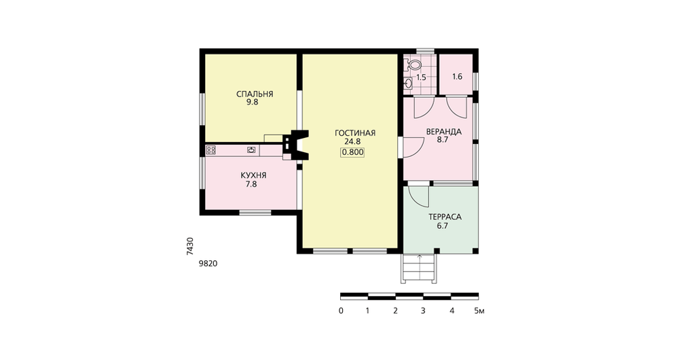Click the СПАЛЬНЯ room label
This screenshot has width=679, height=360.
point(255,94)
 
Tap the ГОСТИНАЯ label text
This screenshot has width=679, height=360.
point(355,133)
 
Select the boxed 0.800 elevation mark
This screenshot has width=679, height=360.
point(352,152)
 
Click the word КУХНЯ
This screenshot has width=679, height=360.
point(253,175)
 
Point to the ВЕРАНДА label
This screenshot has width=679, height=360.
point(444,132)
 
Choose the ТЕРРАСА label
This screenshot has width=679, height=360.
point(445,217)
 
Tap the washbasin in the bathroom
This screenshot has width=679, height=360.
point(407,83)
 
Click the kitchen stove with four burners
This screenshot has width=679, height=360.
point(211,150)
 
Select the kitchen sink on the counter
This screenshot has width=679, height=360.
point(251,150)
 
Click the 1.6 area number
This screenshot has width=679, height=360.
point(457,77)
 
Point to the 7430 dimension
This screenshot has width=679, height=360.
point(190,246)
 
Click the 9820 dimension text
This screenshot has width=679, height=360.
point(208,264)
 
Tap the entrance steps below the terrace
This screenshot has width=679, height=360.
point(419,268)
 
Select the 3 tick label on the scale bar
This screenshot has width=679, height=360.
point(423,310)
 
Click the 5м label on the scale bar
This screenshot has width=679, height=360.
point(479,310)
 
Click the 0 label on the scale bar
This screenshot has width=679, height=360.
point(342,310)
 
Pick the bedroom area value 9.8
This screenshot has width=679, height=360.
point(253,103)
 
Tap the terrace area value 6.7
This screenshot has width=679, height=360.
point(442,226)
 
